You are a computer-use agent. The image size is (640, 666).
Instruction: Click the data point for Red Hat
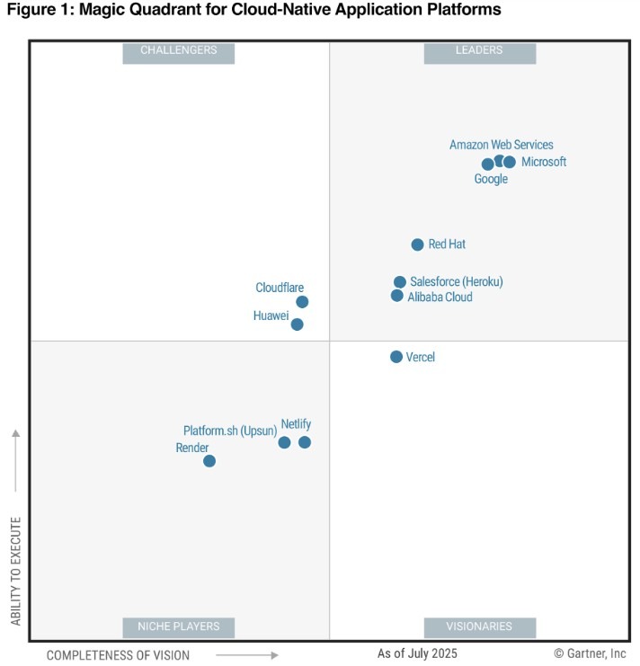tap(417, 244)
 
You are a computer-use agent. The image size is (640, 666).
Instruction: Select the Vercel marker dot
tap(396, 357)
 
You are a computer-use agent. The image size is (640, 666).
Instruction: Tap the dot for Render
tap(209, 461)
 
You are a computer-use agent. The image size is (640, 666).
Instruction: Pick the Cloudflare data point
tap(302, 302)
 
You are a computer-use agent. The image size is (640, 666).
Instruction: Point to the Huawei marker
tap(298, 324)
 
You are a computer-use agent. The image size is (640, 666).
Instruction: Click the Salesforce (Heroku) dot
tap(400, 282)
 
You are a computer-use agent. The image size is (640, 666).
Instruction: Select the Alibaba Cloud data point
tap(397, 296)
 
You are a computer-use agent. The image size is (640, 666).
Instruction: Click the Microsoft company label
tap(544, 162)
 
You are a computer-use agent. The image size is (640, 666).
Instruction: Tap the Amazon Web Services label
tap(502, 145)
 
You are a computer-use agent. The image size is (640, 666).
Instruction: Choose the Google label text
tap(491, 179)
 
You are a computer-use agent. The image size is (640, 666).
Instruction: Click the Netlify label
tap(296, 423)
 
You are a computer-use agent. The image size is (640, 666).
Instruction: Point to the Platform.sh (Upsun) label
tap(229, 431)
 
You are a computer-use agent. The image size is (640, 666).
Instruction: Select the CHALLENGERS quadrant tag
tap(178, 51)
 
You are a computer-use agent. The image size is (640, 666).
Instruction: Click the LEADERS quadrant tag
tap(479, 51)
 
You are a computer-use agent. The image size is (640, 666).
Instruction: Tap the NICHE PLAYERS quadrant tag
tap(178, 626)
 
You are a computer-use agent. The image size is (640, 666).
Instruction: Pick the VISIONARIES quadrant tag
tap(479, 626)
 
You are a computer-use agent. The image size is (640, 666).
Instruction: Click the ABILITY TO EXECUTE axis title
tap(16, 571)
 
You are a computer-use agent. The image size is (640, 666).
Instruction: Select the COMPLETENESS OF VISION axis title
tap(118, 655)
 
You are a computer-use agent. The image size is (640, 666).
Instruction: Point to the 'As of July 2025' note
tap(417, 653)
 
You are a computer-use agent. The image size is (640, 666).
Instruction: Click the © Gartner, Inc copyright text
tap(590, 653)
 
